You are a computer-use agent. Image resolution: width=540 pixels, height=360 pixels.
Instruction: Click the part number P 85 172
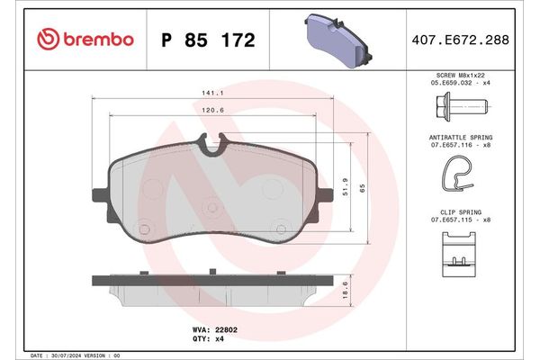pyautogui.click(x=207, y=40)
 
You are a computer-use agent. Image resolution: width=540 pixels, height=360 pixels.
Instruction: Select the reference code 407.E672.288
pyautogui.click(x=460, y=40)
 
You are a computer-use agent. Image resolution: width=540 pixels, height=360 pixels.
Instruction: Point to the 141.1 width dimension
pyautogui.click(x=212, y=92)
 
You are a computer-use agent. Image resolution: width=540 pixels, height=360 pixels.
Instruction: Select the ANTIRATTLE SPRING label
pyautogui.click(x=460, y=137)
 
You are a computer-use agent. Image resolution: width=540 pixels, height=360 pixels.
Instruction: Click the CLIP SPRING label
pyautogui.click(x=460, y=212)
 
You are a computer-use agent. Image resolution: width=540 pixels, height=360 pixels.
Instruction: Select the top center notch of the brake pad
pyautogui.click(x=212, y=140)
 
